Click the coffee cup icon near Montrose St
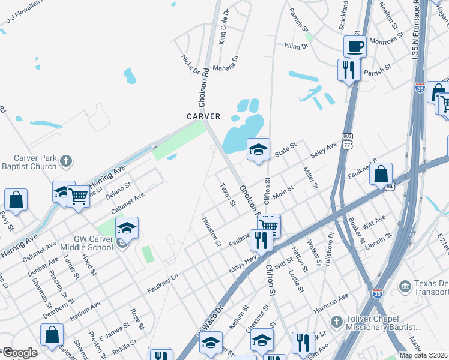click(355, 46)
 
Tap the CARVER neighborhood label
click(203, 116)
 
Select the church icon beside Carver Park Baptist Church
click(66, 160)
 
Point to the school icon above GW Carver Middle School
click(127, 228)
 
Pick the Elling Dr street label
click(296, 46)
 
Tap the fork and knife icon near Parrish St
click(348, 70)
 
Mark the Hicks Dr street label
click(190, 65)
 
